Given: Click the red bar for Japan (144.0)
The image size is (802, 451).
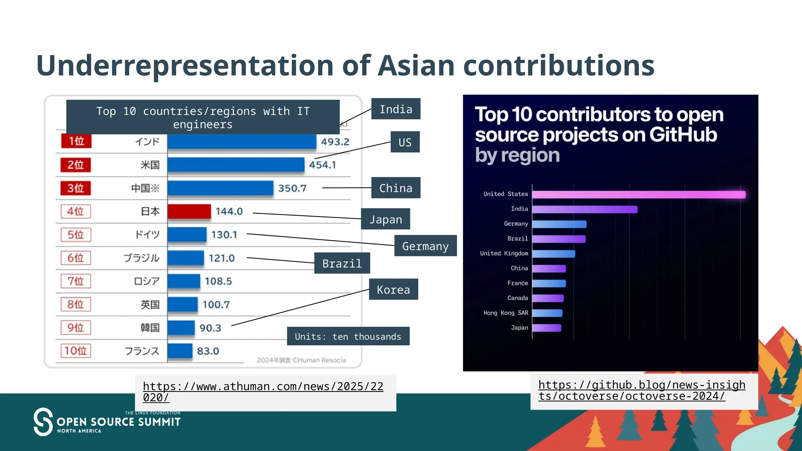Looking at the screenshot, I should coord(189,211).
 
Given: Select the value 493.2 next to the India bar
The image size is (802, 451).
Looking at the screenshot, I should coord(335,142).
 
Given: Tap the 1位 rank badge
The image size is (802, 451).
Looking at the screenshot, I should coord(76,141).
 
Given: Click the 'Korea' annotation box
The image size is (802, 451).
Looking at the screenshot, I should coord(393,289).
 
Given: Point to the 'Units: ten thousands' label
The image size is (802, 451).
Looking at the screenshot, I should coord(348,336).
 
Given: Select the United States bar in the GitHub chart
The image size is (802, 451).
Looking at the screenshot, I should coord(638,195).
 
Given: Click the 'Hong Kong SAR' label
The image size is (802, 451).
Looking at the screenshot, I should coord(506,313).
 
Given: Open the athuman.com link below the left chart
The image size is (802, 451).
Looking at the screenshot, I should coord(263,391).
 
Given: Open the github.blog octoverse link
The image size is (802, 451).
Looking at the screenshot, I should coord(641,390).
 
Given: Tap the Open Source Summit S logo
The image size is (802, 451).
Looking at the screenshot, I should coord(43,422).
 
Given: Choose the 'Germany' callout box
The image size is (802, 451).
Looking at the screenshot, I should coord(425,246).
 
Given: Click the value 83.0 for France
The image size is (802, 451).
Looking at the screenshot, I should coord(208,351).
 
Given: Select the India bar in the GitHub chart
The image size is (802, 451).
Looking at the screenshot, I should coord(584,209).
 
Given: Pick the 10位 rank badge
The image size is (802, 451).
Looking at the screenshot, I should coord(76,350).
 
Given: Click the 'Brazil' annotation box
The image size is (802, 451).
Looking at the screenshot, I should coord(342,263).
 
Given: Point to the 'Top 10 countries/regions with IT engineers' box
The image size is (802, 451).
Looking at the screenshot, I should coord(203,117).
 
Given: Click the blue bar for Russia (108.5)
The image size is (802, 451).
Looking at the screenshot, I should coord(184,281).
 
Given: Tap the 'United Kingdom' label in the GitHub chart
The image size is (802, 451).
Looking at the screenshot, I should coord(504,253).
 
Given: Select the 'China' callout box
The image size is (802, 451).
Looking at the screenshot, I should coord(396,188).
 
